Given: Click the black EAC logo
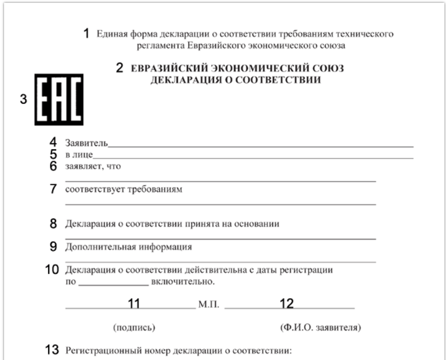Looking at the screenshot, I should (59, 99).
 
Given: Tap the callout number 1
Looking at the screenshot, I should (86, 34).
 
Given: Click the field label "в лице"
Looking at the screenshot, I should (79, 155).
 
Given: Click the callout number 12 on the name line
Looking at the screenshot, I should (287, 304).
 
